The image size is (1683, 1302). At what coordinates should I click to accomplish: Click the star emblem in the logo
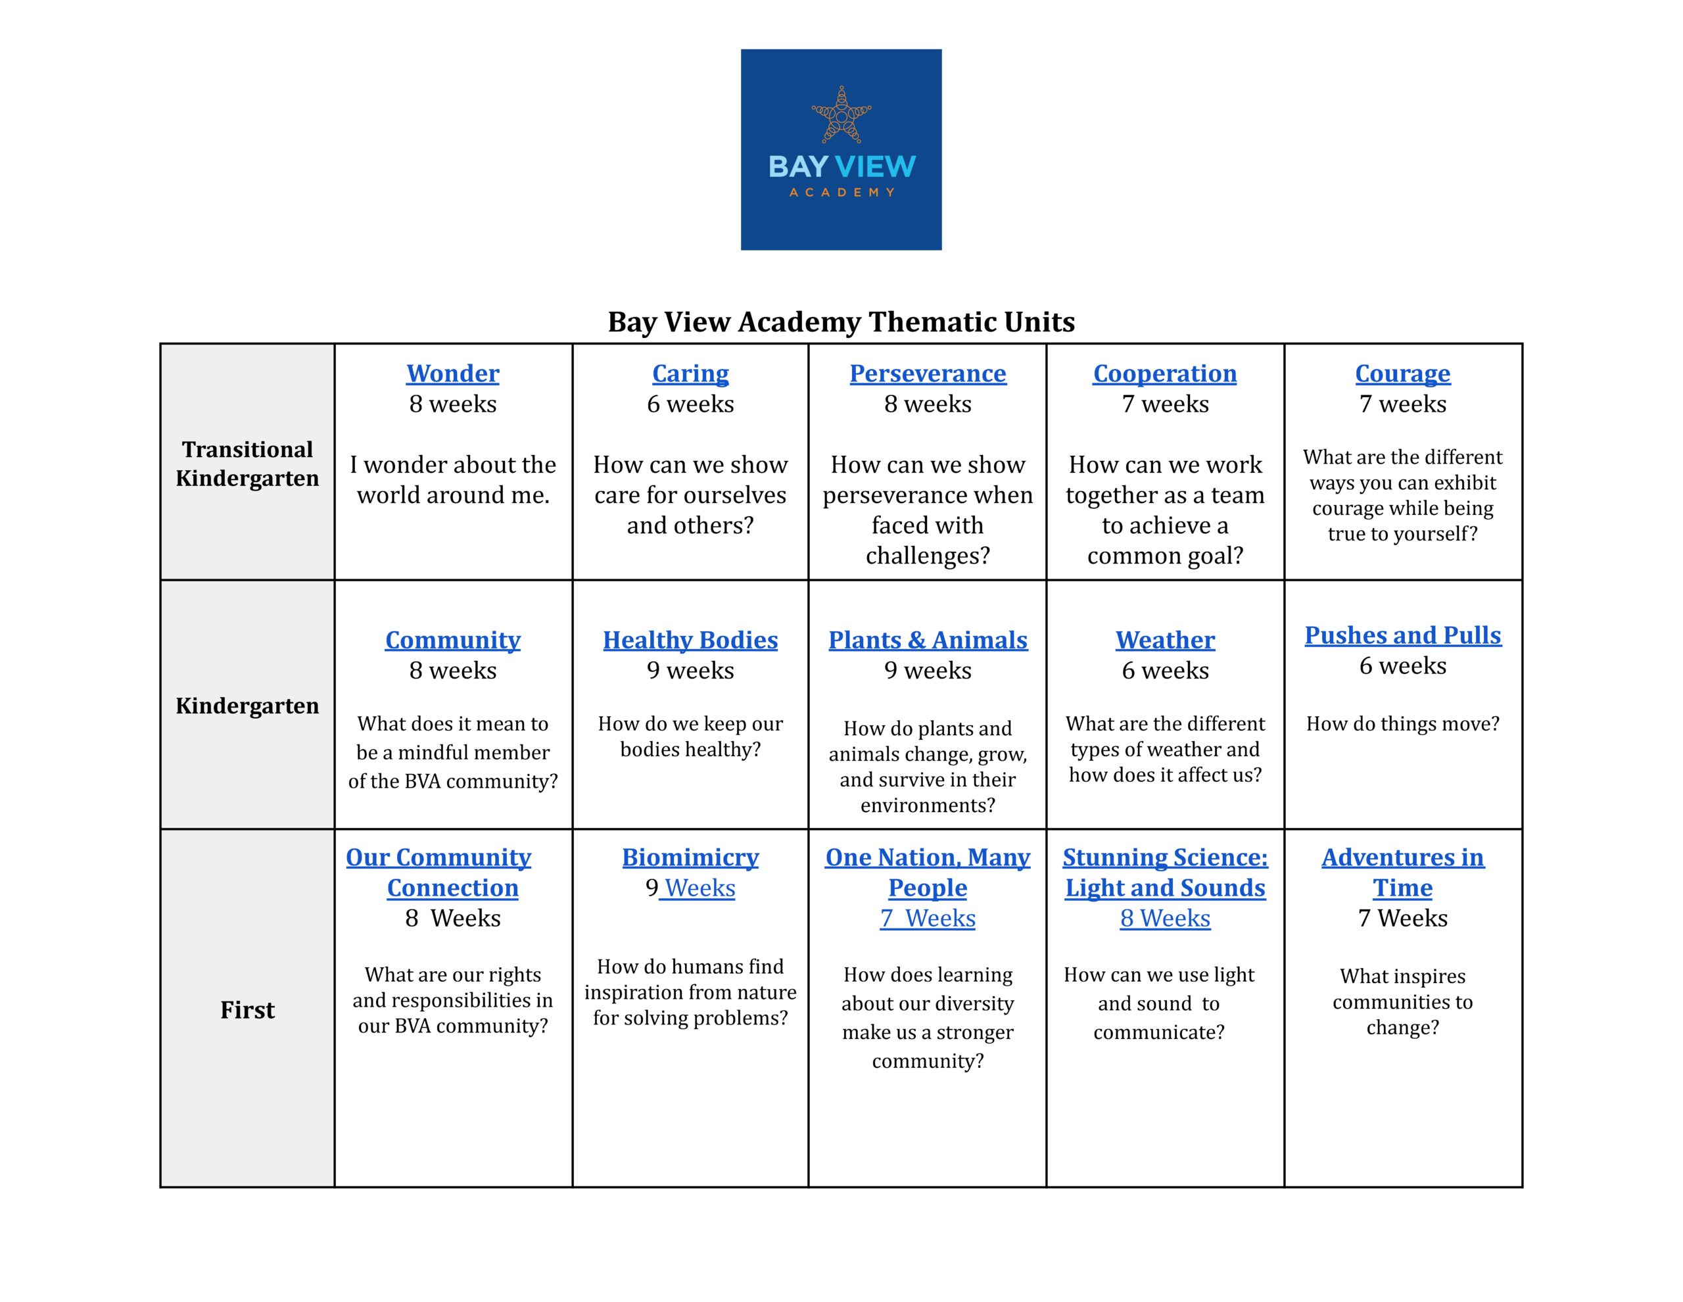click(841, 116)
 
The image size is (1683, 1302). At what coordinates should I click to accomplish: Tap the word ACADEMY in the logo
click(841, 193)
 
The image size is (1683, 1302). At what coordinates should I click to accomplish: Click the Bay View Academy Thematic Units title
click(841, 322)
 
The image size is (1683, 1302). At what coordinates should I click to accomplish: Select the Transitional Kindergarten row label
click(247, 464)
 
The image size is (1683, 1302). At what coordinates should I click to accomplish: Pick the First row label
click(247, 1010)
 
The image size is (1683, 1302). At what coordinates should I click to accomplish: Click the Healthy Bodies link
click(690, 640)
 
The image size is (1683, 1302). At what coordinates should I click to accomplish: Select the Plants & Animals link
click(927, 640)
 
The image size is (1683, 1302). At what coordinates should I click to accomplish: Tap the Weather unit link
click(1164, 640)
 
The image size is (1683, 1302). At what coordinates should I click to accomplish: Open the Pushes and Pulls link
click(1402, 636)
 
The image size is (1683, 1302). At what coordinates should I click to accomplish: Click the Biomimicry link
click(690, 858)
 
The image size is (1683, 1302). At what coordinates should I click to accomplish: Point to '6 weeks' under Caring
click(690, 404)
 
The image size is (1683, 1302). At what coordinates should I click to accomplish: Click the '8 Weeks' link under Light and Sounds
click(1164, 919)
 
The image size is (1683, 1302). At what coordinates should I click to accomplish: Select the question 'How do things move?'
click(1402, 724)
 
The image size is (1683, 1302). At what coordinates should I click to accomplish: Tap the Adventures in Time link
click(1402, 873)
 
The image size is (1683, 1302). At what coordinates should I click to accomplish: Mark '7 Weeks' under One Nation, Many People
click(927, 919)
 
